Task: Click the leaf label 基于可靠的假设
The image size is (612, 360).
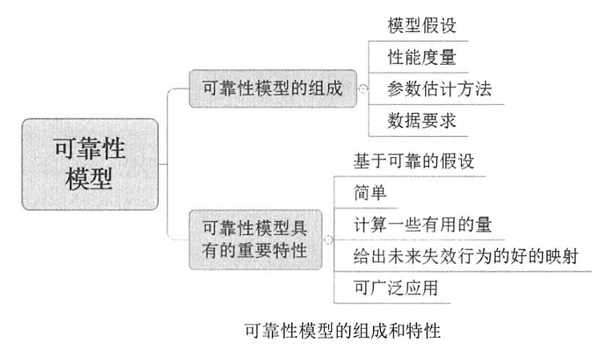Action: [x=414, y=161]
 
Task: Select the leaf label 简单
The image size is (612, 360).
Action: [x=370, y=192]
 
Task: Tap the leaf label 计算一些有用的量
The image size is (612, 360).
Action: [x=422, y=224]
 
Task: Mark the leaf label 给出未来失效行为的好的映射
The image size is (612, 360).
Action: [x=465, y=256]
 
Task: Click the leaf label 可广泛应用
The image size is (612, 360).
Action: [x=395, y=287]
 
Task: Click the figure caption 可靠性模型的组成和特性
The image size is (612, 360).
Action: [x=342, y=330]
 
